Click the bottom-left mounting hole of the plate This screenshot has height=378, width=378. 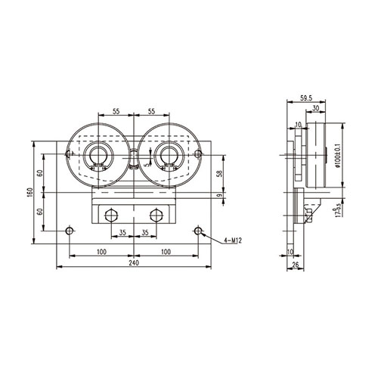coord(70,230)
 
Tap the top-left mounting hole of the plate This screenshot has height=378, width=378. coord(70,154)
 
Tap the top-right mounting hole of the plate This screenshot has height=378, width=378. coord(198,154)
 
